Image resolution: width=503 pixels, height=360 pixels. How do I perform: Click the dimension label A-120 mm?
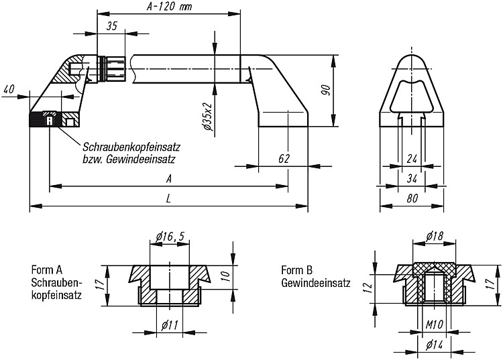169,7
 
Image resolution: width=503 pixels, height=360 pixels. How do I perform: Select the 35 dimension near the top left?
112,25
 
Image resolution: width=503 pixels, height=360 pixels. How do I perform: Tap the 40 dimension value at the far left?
9,88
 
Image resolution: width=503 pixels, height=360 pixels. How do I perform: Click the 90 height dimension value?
325,91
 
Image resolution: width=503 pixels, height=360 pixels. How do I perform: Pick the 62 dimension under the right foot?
284,158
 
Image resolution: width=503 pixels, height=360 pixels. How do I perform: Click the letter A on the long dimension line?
169,178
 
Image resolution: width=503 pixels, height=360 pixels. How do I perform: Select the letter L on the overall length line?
169,198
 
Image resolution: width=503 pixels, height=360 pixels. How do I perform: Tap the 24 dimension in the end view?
412,159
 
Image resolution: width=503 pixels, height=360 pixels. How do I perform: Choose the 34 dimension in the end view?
412,178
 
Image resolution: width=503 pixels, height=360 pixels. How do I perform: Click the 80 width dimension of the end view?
412,198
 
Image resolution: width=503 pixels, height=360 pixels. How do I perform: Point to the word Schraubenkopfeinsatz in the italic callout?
131,147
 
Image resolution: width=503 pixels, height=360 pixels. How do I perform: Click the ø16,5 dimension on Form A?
170,237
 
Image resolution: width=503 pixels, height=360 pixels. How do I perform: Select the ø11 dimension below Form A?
170,326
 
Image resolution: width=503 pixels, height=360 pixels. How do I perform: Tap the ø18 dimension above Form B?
435,236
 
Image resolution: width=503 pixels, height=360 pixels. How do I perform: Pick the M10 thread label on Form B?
434,325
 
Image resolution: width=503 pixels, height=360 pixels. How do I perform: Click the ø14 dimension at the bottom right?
435,345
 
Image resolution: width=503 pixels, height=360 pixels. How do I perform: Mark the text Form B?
296,270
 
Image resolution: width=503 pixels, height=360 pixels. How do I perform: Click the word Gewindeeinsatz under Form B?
316,284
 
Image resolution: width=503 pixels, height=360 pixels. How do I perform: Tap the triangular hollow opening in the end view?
392,96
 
